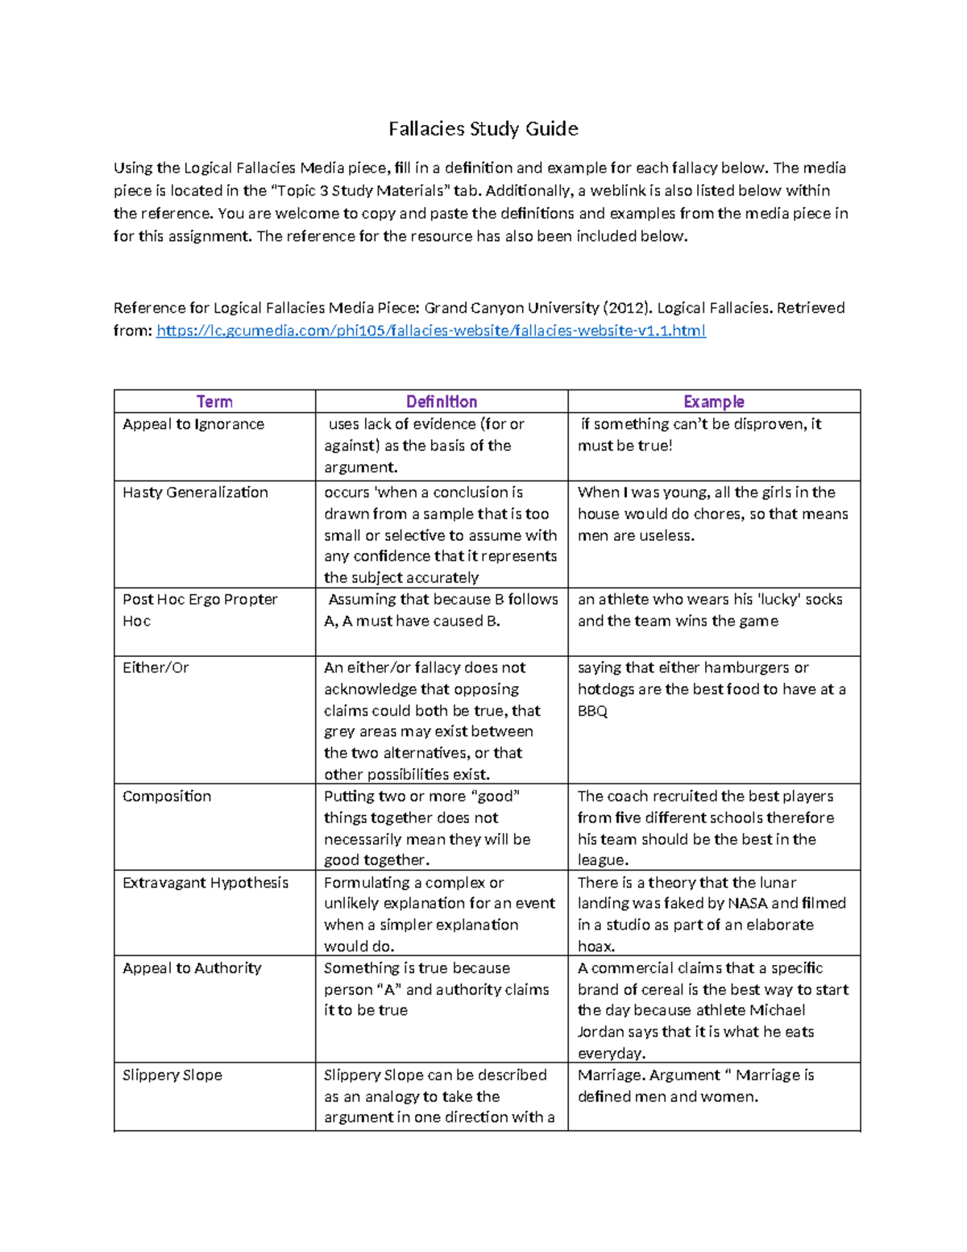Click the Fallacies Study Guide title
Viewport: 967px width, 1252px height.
[x=483, y=129]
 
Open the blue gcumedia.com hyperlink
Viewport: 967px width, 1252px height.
[x=430, y=331]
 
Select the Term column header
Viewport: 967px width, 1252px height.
[x=214, y=401]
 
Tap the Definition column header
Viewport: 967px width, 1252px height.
[x=441, y=401]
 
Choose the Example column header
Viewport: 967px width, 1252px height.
[x=713, y=401]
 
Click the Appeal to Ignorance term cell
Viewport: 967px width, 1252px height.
[x=193, y=424]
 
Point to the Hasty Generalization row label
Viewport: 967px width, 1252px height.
[x=195, y=493]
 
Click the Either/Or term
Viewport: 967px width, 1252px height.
[x=156, y=668]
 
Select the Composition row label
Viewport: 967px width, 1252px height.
[x=167, y=797]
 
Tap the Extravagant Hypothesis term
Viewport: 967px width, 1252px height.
[x=205, y=883]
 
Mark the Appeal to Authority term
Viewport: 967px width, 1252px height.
[x=192, y=968]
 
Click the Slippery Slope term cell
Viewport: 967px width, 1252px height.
[x=172, y=1075]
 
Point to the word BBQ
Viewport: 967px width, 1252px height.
[x=592, y=711]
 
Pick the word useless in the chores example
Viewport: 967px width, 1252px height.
[x=668, y=536]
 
